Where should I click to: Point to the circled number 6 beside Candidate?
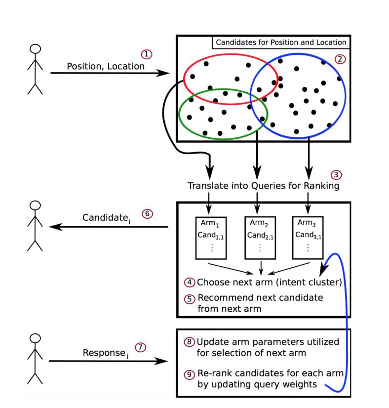pyautogui.click(x=147, y=214)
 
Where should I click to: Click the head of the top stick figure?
pyautogui.click(x=35, y=50)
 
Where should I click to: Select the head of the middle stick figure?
pyautogui.click(x=35, y=206)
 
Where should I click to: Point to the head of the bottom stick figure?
pyautogui.click(x=35, y=339)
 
